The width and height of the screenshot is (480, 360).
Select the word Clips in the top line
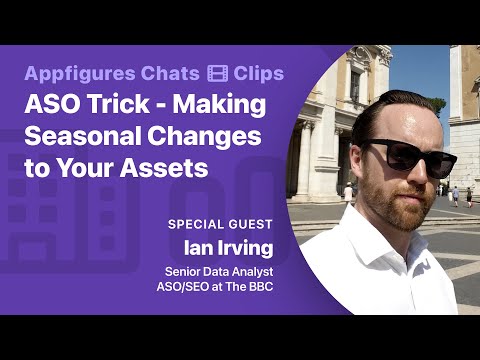(258, 73)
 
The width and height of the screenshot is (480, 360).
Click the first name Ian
(196, 245)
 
